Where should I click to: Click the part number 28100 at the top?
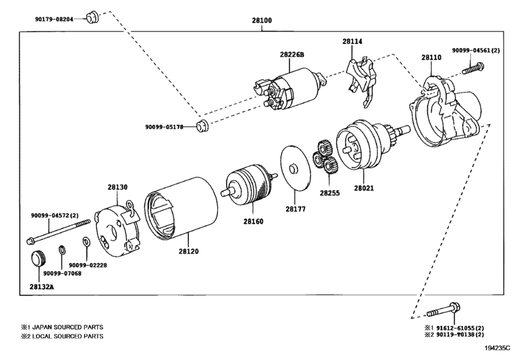262,21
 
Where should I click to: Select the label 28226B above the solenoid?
292,55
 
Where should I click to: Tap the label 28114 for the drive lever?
353,42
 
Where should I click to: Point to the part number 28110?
432,57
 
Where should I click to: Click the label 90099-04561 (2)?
476,51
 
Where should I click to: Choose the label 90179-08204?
54,19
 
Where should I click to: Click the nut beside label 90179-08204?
93,17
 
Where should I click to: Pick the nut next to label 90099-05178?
202,127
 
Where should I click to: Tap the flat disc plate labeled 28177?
295,168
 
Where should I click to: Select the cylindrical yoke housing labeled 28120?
181,208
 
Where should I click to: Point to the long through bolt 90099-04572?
58,230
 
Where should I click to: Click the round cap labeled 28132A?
39,258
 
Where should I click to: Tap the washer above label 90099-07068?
62,250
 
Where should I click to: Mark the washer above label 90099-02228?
85,242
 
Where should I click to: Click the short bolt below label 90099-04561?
473,69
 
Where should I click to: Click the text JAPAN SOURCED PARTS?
68,327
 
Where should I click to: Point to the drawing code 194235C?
497,348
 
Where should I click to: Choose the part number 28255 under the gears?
330,193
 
